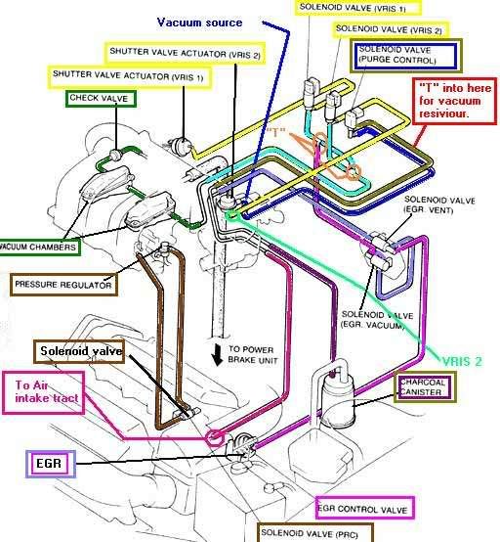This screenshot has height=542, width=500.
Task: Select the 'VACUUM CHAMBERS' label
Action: pyautogui.click(x=41, y=246)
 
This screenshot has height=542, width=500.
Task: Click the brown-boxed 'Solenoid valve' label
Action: pyautogui.click(x=81, y=350)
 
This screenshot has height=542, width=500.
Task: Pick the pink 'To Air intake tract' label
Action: pyautogui.click(x=50, y=391)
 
